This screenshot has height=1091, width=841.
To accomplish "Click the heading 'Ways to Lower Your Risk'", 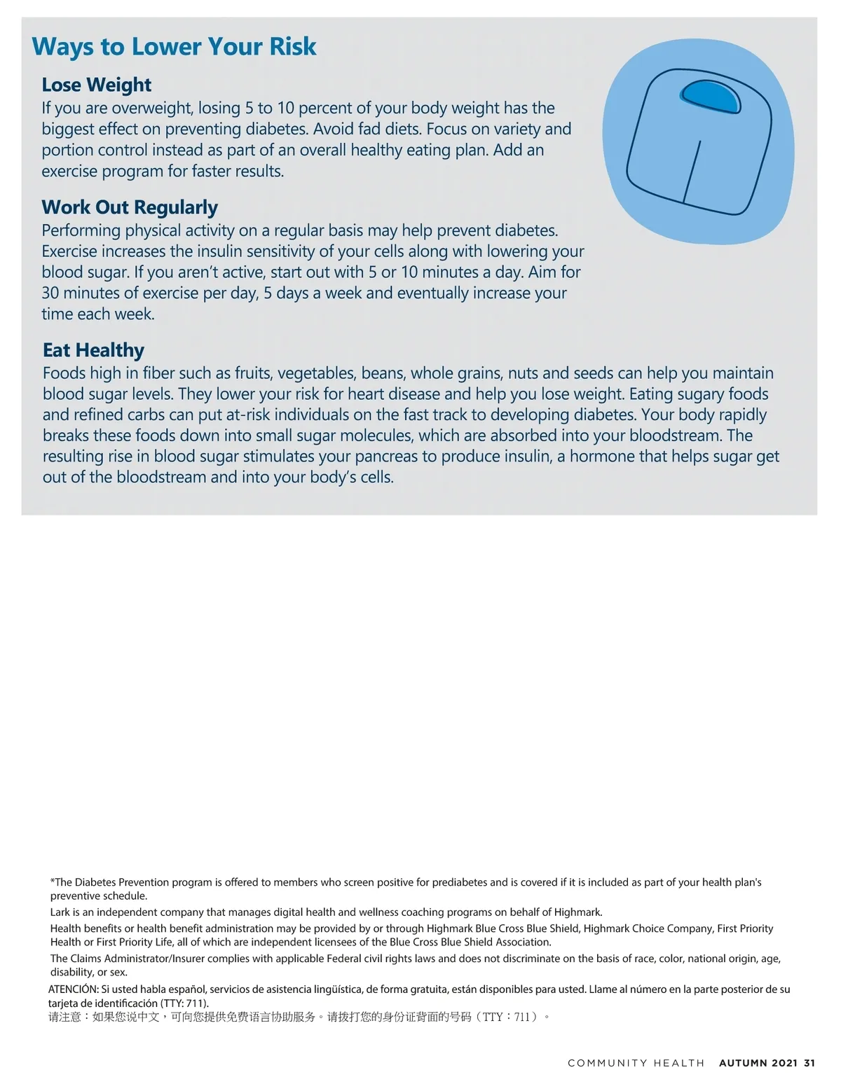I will point(174,47).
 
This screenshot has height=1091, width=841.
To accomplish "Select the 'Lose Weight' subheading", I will point(96,85).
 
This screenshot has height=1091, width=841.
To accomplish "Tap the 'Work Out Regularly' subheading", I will point(130,207).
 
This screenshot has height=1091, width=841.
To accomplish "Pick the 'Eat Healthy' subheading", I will point(93,350).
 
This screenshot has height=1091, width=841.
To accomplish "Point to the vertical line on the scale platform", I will point(692,172).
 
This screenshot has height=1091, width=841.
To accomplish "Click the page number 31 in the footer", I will point(809,1063).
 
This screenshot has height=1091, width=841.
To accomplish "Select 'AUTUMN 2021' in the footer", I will point(758,1063).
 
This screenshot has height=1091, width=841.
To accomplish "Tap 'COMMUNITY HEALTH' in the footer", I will point(636,1063).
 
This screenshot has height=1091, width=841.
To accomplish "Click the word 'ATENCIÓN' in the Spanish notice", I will point(73,989).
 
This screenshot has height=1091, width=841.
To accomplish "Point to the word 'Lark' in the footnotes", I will point(60,912).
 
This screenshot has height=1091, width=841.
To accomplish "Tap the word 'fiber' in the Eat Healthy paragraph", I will point(158,373).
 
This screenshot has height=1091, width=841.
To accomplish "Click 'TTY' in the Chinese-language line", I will point(493,1017).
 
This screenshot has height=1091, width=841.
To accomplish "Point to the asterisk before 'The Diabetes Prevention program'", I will point(53,882).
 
